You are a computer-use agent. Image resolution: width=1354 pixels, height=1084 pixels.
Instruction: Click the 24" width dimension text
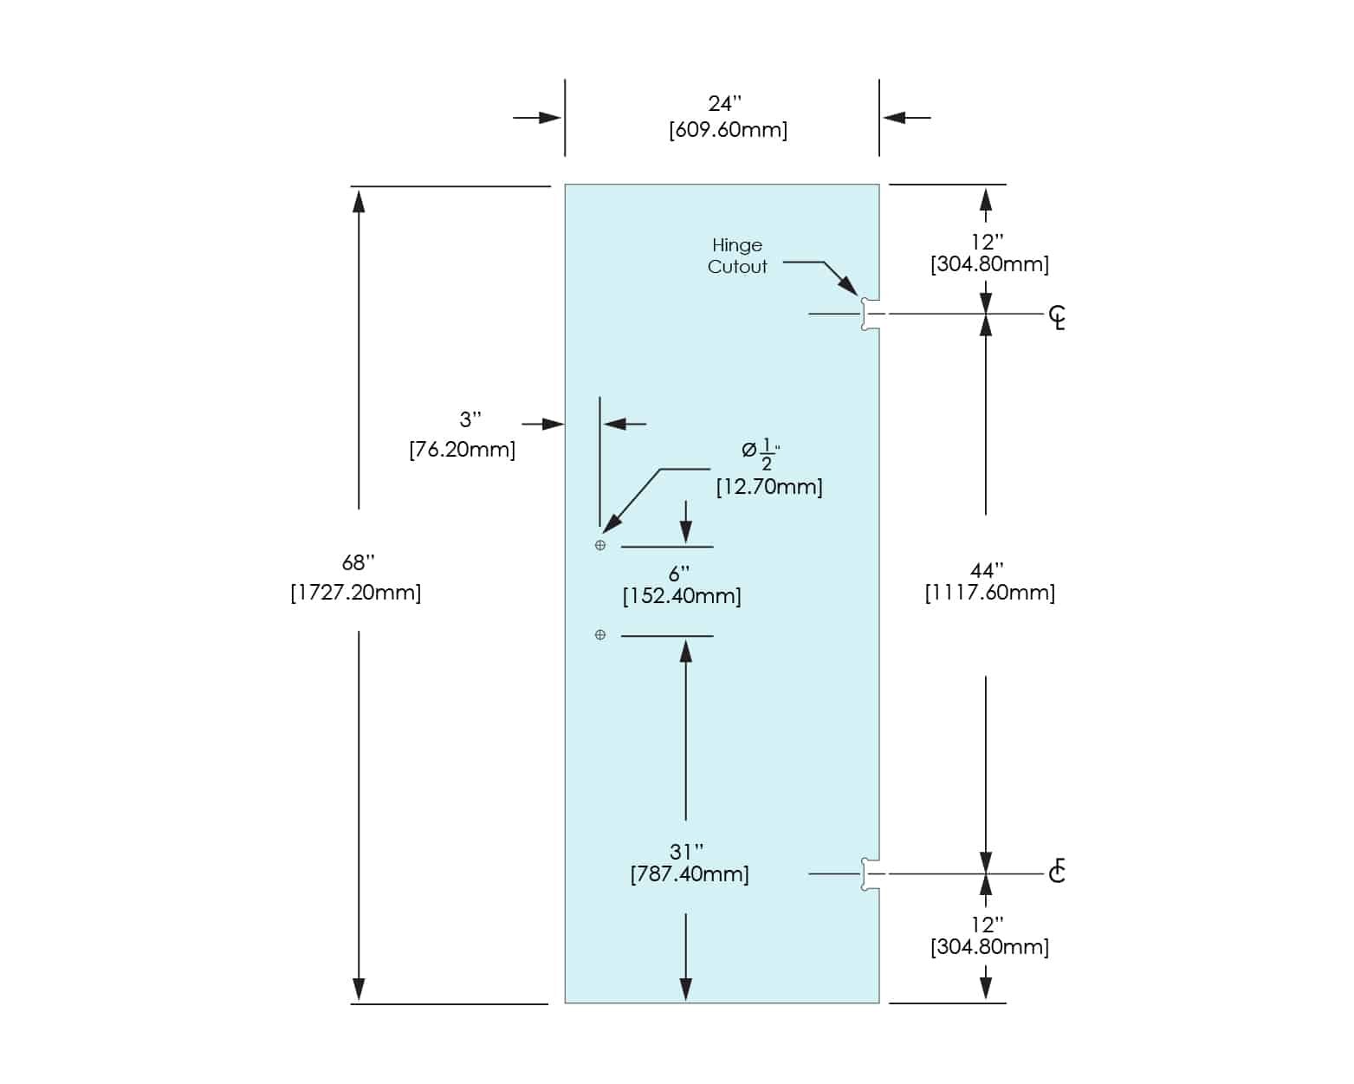coord(724,104)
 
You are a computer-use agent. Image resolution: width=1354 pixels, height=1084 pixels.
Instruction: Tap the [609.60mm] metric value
coord(728,131)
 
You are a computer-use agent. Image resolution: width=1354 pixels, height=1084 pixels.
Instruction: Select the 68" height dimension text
coord(358,563)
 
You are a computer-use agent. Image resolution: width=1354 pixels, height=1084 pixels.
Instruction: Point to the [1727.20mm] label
coord(355,593)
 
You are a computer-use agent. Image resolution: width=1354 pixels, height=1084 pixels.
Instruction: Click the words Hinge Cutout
coord(737,256)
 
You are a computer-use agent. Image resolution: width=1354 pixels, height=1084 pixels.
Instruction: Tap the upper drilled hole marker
coord(600,546)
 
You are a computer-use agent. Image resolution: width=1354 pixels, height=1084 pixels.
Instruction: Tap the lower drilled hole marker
coord(600,635)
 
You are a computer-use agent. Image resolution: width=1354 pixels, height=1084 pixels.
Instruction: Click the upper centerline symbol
coord(1057,317)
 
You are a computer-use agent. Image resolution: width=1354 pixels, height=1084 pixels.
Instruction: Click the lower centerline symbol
coord(1057,871)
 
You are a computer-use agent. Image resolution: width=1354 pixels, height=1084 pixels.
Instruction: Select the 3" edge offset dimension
coord(470,420)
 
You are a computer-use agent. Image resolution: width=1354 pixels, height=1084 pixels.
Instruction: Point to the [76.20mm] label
coord(462,450)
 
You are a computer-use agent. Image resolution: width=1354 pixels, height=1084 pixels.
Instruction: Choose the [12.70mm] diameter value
coord(768,487)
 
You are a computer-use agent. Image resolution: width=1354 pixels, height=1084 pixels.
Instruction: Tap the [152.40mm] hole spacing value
coord(682,596)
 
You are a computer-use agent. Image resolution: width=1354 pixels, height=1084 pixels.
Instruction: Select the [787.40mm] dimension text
coord(690,873)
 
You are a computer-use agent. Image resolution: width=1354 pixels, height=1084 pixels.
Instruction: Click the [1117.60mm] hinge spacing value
coord(989,593)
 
